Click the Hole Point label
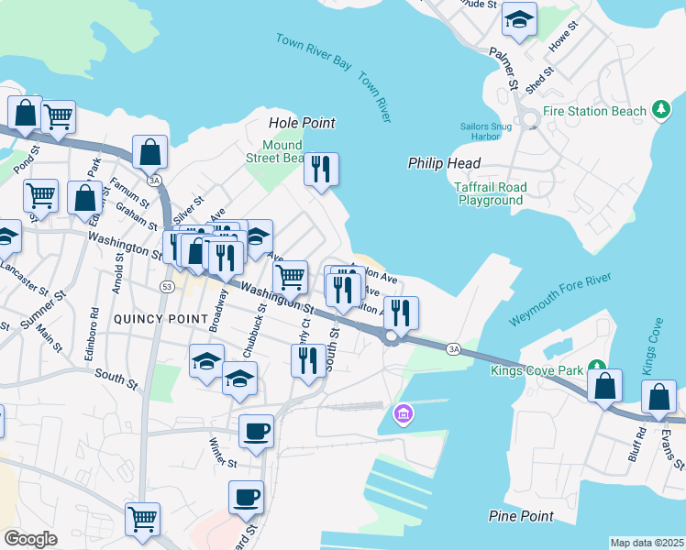pyautogui.click(x=302, y=123)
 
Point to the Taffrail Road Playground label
pyautogui.click(x=492, y=193)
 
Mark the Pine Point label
pyautogui.click(x=521, y=517)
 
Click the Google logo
pyautogui.click(x=30, y=539)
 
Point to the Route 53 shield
pyautogui.click(x=166, y=287)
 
